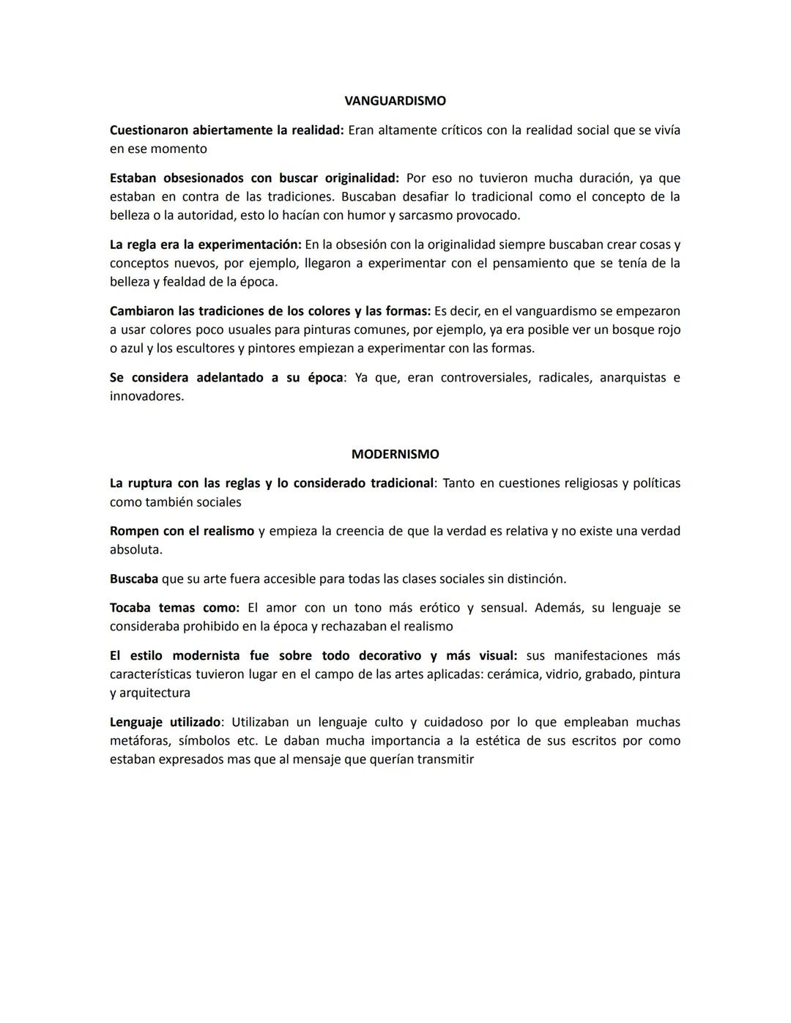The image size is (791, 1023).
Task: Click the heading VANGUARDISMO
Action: point(395,101)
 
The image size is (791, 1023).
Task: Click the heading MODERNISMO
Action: point(395,454)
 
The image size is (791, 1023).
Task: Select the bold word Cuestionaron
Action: point(149,130)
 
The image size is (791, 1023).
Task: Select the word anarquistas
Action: point(632,378)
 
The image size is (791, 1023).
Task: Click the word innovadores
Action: point(146,396)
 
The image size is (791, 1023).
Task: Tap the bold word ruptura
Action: point(151,483)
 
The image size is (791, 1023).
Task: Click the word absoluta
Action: point(135,549)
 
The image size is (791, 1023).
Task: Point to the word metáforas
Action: point(138,740)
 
